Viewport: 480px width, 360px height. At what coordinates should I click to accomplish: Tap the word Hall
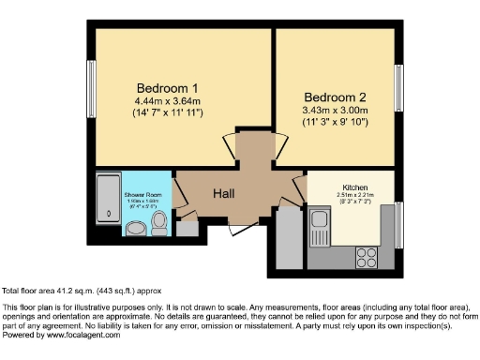(222, 194)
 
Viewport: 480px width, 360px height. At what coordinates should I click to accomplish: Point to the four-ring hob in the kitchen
(367, 256)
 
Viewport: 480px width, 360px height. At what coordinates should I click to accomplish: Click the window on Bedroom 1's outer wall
(92, 87)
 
